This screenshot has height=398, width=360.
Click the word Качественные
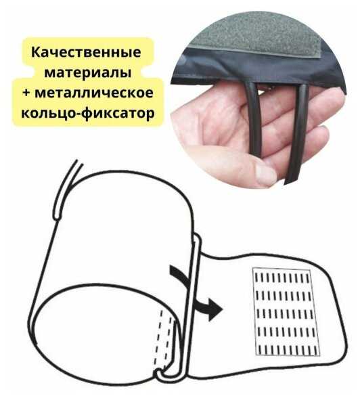pyautogui.click(x=86, y=52)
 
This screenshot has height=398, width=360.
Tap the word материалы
pyautogui.click(x=88, y=72)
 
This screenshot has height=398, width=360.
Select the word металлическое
pyautogui.click(x=94, y=93)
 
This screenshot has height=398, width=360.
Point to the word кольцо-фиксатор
pyautogui.click(x=88, y=113)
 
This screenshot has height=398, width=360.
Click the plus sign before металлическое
pyautogui.click(x=26, y=93)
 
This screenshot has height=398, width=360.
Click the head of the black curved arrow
pyautogui.click(x=215, y=309)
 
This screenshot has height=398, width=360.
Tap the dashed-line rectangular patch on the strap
pyautogui.click(x=286, y=311)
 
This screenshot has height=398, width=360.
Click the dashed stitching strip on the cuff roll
pyautogui.click(x=165, y=339)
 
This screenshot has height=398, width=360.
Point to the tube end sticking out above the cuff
pyautogui.click(x=67, y=189)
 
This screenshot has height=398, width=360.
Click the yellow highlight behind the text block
pyautogui.click(x=88, y=82)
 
